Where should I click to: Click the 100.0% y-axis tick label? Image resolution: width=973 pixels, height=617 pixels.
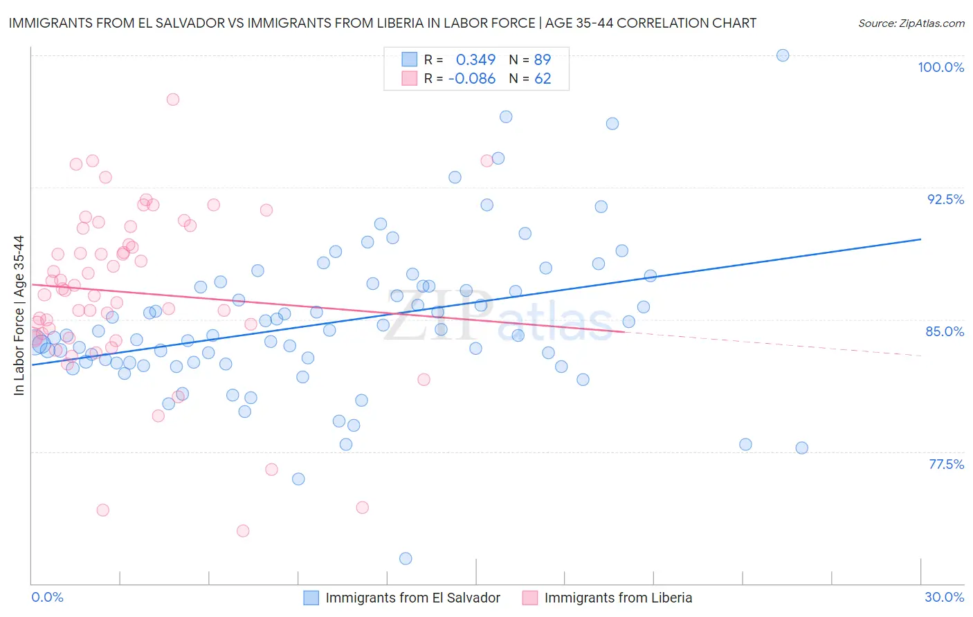coord(940,67)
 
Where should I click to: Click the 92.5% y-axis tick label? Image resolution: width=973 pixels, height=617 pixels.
coord(945,199)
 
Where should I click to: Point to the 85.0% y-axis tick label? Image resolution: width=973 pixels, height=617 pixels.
coord(945,331)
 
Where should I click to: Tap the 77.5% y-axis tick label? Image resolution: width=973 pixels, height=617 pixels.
coord(946,464)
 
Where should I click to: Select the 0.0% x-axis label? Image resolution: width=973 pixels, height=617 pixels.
coord(47,597)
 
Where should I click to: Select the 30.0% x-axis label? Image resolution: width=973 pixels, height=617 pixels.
coord(944,597)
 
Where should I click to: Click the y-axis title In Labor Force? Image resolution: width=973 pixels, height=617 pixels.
coord(19,315)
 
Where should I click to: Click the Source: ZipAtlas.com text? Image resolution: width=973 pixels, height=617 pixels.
coord(911,24)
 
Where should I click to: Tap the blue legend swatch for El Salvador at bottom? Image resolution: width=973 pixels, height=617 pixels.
coord(311,598)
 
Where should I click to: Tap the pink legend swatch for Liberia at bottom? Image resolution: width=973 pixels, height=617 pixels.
coord(530,598)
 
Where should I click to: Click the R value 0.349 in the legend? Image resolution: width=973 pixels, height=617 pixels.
coord(475,60)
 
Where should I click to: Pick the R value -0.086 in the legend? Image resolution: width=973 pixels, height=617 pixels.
coord(472,79)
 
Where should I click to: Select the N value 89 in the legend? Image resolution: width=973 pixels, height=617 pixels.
coord(543,60)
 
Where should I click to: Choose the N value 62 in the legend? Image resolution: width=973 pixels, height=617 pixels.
coord(543,79)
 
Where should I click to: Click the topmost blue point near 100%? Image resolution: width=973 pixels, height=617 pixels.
coord(783,55)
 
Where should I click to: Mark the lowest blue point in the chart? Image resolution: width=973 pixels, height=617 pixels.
coord(406,558)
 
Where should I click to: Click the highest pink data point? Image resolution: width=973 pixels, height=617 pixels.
coord(173,100)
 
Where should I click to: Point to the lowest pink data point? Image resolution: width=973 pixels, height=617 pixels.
coord(243,531)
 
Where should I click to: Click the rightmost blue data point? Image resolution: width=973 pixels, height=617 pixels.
coord(801,448)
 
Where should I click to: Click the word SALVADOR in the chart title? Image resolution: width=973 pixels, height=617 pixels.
coord(182,24)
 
